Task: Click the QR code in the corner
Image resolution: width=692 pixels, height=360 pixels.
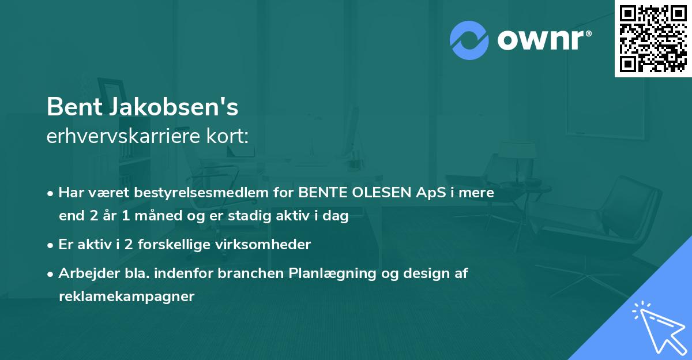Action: pyautogui.click(x=653, y=39)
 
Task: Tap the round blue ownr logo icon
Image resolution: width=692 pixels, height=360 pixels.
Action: pyautogui.click(x=469, y=40)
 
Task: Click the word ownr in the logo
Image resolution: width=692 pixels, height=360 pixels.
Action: pyautogui.click(x=542, y=40)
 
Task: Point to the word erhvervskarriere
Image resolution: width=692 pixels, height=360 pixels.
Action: pyautogui.click(x=114, y=137)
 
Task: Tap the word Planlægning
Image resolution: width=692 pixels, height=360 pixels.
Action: pyautogui.click(x=335, y=273)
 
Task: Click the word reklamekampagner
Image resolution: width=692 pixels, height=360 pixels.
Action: pyautogui.click(x=126, y=297)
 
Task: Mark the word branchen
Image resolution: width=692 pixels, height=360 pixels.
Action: pyautogui.click(x=256, y=273)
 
